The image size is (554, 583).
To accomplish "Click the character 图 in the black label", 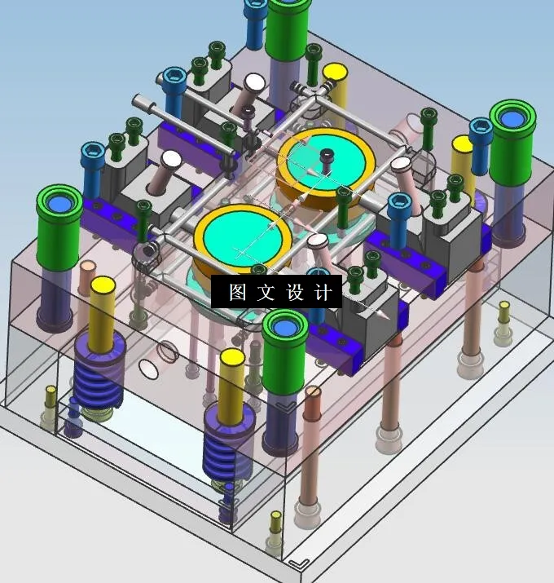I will (238, 293).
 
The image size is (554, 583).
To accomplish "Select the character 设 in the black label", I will (295, 293).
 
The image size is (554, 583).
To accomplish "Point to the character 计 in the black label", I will (323, 293).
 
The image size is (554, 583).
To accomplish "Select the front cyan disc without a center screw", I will (243, 236).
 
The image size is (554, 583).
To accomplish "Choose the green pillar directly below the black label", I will (285, 359).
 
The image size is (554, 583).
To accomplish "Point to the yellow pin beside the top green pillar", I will (335, 82).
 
